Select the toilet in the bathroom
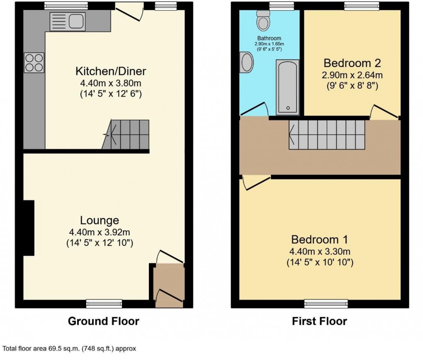click(x=263, y=21)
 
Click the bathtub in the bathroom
click(x=287, y=87)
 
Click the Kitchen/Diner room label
click(x=111, y=71)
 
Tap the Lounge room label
click(x=100, y=220)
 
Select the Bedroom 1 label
click(x=319, y=239)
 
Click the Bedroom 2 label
click(x=352, y=63)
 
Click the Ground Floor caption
click(x=103, y=321)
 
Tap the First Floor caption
click(x=319, y=321)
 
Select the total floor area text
click(x=70, y=349)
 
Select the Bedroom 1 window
click(x=326, y=304)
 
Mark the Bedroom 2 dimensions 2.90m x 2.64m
click(x=352, y=75)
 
